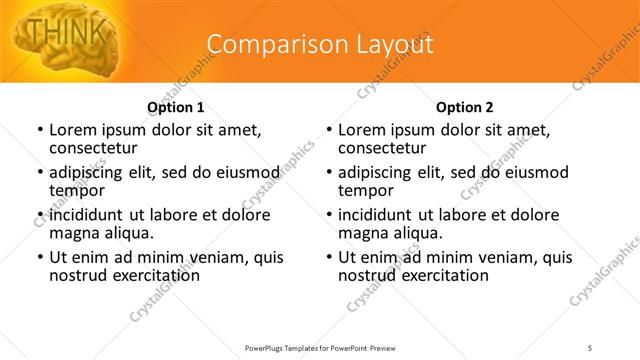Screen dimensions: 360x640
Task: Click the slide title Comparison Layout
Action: (320, 45)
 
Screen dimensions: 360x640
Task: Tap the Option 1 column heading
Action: (175, 107)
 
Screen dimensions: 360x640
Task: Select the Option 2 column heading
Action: (464, 107)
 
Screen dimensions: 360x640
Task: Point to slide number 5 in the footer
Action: (591, 347)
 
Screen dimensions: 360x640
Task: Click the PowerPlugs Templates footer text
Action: (320, 347)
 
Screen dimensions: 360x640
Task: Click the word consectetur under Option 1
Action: (91, 148)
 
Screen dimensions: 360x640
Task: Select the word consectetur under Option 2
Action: (380, 148)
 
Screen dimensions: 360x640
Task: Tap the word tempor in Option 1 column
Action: (74, 191)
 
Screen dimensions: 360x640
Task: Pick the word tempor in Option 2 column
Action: (363, 191)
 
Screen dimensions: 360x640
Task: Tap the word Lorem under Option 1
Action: (71, 130)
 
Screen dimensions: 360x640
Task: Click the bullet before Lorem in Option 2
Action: (329, 131)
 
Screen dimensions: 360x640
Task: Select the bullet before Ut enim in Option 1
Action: (40, 258)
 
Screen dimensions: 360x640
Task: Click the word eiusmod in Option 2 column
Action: (536, 172)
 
